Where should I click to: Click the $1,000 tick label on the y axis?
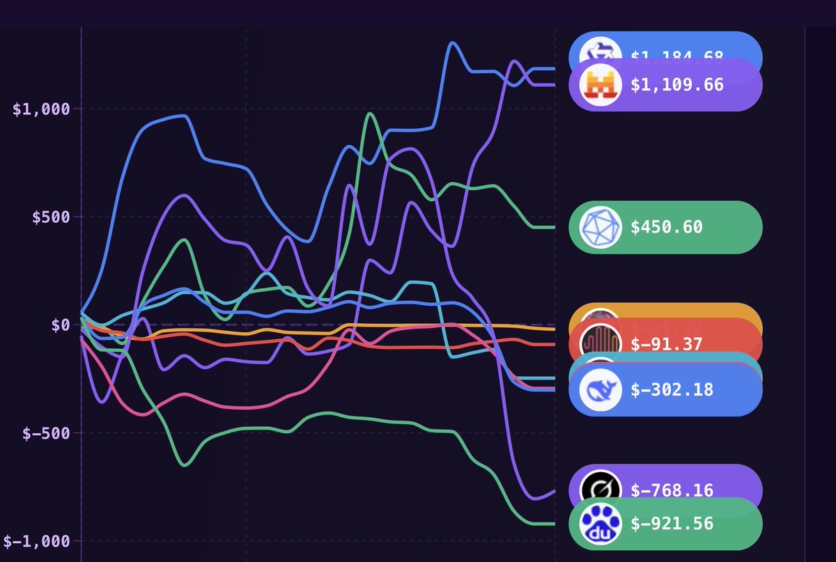tap(41, 109)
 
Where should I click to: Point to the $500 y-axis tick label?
tap(50, 217)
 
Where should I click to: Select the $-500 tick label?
tap(45, 433)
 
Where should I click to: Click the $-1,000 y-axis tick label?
tap(36, 541)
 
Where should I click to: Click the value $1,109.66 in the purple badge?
tap(676, 85)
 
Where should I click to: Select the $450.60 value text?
tap(667, 227)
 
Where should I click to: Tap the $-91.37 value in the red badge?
tap(667, 344)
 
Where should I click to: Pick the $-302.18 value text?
tap(672, 389)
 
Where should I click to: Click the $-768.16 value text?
tap(672, 490)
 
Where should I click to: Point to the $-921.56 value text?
tap(672, 524)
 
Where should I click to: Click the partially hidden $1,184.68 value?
tap(676, 56)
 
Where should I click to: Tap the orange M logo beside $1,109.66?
tap(600, 86)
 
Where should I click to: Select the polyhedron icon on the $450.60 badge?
tap(600, 227)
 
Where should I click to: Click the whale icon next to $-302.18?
tap(600, 389)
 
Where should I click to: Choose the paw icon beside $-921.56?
tap(600, 524)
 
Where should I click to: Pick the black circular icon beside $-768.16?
tap(600, 490)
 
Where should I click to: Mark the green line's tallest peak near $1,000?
tap(369, 114)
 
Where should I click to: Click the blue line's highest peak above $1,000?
tap(453, 43)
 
